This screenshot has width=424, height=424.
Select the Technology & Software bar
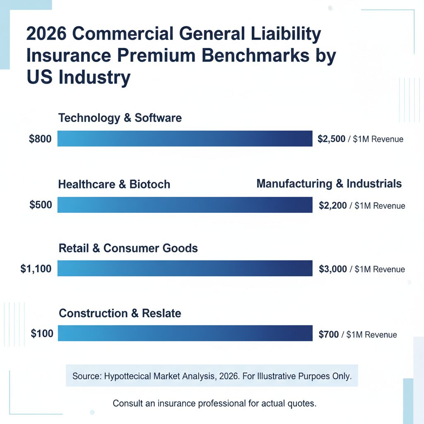coord(185,139)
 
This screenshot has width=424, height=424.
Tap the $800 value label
coord(40,139)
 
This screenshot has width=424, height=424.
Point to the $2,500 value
coord(331,139)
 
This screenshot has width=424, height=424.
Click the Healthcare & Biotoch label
coord(114,184)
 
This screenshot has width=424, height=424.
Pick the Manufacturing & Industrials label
coord(329,183)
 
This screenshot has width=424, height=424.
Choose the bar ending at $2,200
coord(185,205)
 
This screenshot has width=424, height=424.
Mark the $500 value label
coord(41,205)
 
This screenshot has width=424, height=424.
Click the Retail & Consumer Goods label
coord(128,248)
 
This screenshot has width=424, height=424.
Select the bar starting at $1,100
coord(185,268)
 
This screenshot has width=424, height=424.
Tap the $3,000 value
coord(333,269)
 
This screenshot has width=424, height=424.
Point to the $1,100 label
coord(36,269)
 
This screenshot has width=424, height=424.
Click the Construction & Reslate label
coord(120,313)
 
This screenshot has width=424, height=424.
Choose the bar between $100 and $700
coord(185,333)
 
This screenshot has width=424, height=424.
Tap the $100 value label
coord(42,333)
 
